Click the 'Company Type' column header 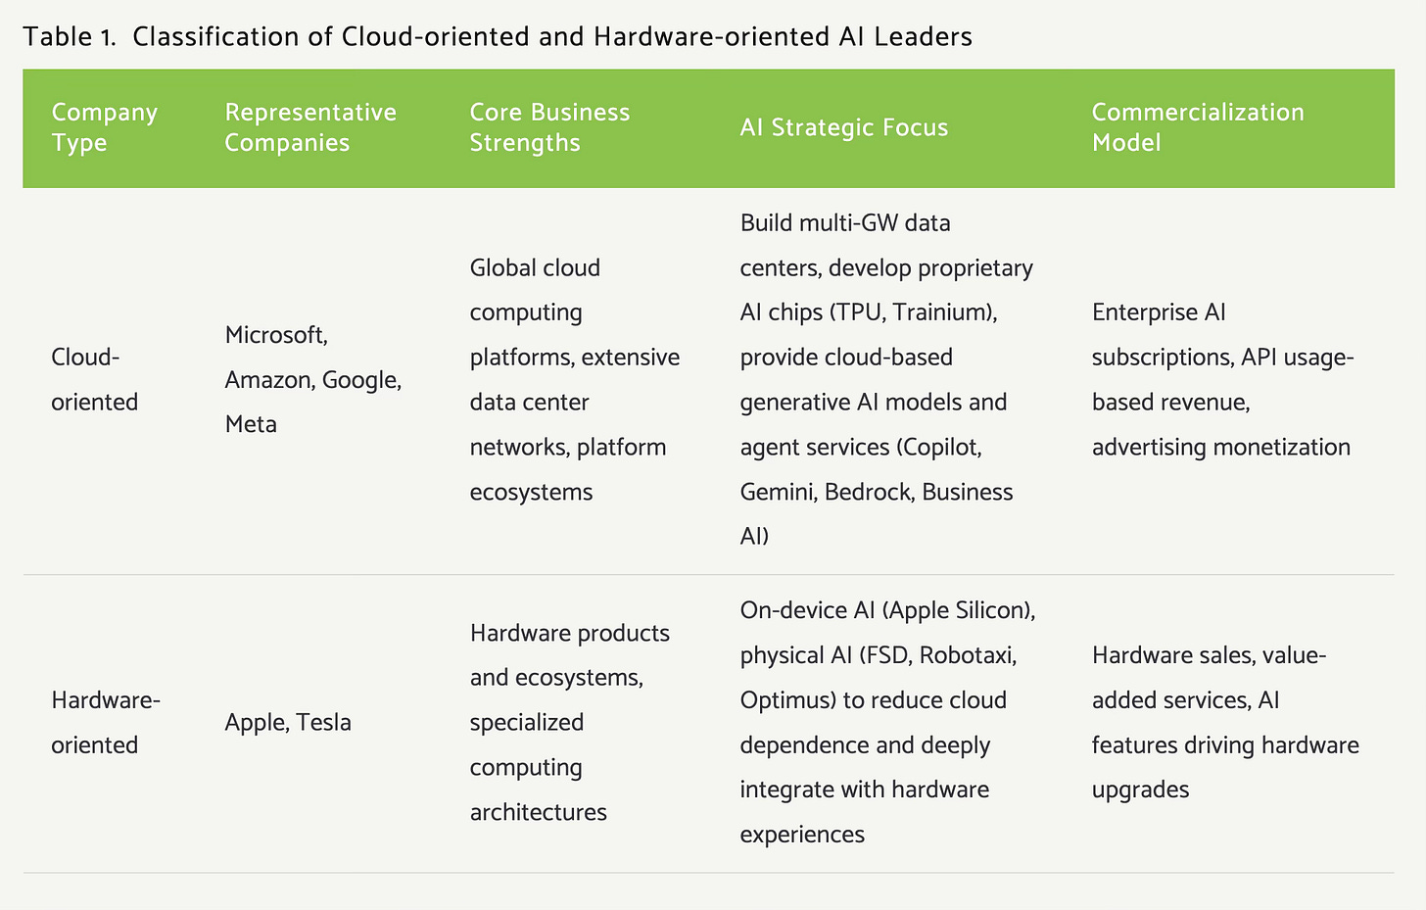[104, 127]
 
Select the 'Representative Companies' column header [310, 127]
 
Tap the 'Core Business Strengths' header [549, 127]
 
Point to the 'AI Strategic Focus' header [843, 127]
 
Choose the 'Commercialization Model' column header [1197, 127]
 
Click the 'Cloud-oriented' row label [94, 379]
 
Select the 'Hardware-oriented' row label [105, 723]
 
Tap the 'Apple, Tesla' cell [288, 723]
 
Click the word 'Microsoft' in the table [274, 335]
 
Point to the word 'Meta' [251, 424]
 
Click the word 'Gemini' [777, 492]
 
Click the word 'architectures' [538, 812]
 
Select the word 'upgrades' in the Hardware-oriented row [1140, 790]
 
